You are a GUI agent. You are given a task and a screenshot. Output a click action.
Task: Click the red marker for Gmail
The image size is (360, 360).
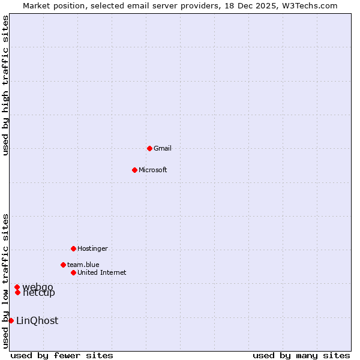coord(149,148)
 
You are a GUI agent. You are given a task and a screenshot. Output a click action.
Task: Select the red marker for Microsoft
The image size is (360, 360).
coord(134,170)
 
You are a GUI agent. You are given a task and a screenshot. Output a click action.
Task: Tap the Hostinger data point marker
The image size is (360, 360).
coord(73,248)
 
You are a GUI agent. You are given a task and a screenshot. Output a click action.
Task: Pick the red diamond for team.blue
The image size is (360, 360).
coord(63,265)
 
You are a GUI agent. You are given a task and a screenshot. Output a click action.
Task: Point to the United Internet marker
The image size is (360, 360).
coord(73,272)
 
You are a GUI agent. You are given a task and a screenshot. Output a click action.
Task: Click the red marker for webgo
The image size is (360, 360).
coord(17,287)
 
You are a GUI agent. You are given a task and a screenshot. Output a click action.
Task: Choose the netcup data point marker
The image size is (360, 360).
coord(18,292)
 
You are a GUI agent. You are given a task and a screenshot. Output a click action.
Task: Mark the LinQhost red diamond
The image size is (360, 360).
coord(11,320)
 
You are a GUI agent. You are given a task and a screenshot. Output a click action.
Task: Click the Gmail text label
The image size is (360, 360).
coord(163,148)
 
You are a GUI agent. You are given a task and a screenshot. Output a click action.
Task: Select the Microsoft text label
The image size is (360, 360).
coord(153,170)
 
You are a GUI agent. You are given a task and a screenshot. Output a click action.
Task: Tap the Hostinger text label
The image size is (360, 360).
coord(92,248)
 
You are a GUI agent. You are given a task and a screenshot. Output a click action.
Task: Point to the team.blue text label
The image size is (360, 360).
coord(83,265)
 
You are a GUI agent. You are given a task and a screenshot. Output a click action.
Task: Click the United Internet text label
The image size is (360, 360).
coord(102,272)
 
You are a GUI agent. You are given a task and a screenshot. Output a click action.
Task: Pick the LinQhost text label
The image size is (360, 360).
coord(37,320)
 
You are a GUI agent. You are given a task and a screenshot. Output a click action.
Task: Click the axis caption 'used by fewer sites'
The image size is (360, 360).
coord(62,355)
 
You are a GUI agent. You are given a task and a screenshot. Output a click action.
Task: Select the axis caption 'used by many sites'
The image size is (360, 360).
coord(301,355)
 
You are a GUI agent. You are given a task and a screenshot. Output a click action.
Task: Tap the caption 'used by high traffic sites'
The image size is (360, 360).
coord(5,85)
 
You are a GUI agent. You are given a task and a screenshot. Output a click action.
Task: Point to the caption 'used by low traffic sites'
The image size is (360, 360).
coord(5,281)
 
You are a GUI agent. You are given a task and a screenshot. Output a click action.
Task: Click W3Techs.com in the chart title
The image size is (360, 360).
coord(310,5)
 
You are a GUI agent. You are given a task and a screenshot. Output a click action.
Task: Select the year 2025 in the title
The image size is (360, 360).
coord(259,5)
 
